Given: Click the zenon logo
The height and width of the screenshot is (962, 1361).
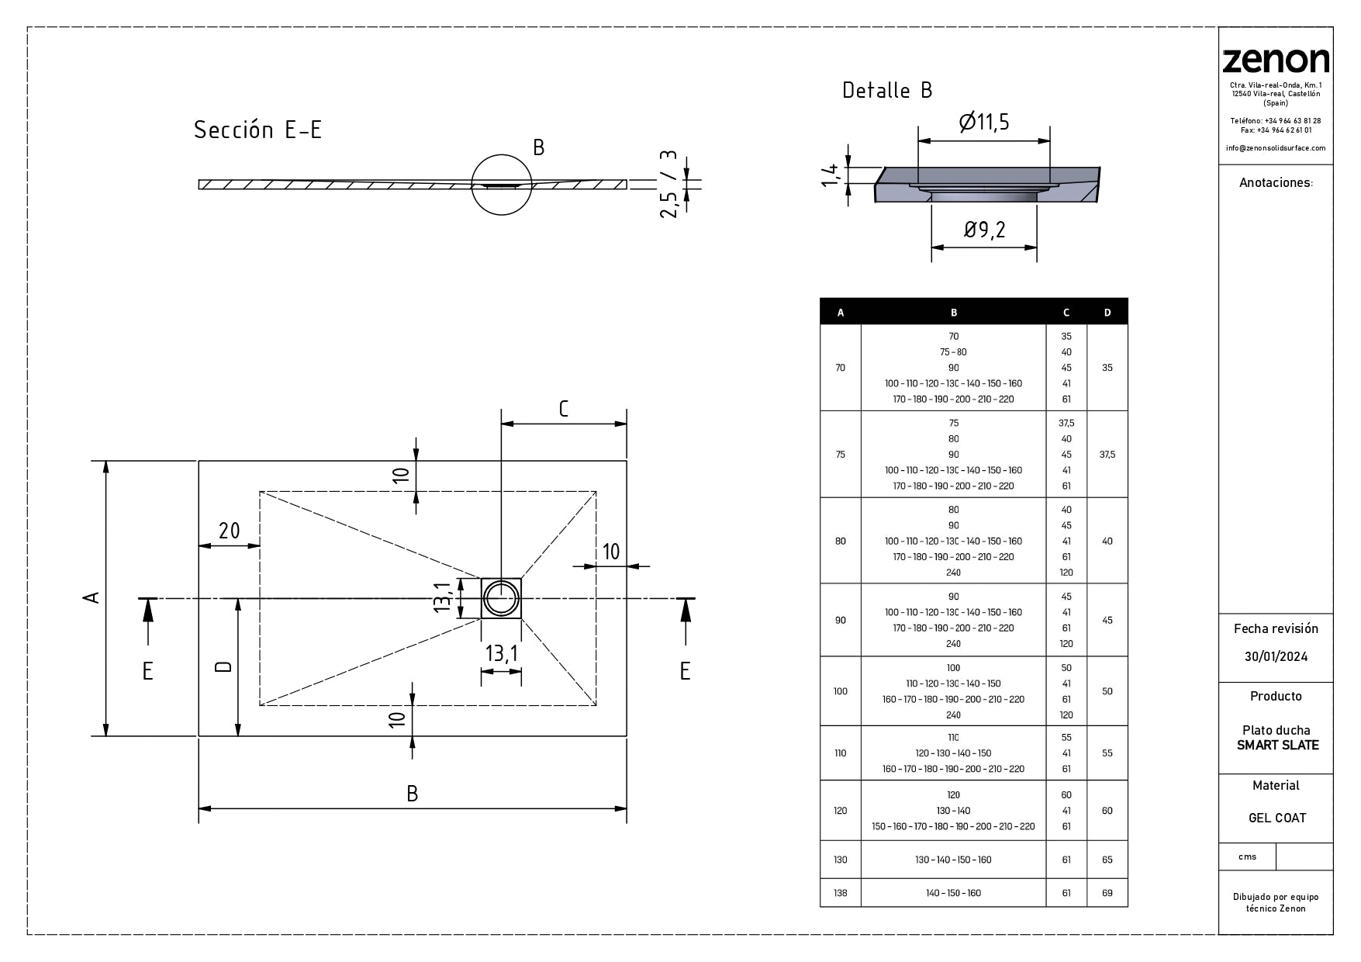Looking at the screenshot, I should [1275, 61].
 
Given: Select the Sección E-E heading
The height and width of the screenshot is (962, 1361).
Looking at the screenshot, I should [257, 130].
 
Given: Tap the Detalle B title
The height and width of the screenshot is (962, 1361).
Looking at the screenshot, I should [887, 91].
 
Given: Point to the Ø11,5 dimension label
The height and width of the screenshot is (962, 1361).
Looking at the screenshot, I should [983, 123].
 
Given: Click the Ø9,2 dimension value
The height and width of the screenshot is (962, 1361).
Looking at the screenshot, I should [984, 230].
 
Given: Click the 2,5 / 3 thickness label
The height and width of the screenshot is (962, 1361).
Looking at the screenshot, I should [668, 184].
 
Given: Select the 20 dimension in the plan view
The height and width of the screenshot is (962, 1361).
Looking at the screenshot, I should [229, 531].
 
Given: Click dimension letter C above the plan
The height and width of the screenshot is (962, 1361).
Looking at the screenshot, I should [564, 409].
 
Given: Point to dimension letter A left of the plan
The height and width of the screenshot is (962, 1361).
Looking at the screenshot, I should [92, 597].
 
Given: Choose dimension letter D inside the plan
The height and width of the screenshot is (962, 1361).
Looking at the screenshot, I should [223, 666].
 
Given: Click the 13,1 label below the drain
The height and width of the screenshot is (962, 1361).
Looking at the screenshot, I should [501, 653].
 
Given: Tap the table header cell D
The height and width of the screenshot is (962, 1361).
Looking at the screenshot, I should [1107, 313].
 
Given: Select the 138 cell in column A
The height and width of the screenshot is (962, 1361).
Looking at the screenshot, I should [840, 893].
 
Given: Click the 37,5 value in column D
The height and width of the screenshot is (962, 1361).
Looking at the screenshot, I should [1107, 455].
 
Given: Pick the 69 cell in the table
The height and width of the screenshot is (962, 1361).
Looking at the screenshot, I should [1107, 893].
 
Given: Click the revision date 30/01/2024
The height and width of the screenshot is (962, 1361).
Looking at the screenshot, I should [1276, 656].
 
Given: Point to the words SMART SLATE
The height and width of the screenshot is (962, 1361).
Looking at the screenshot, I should [1277, 745].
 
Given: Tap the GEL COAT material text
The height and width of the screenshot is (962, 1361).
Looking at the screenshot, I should [1276, 818].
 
